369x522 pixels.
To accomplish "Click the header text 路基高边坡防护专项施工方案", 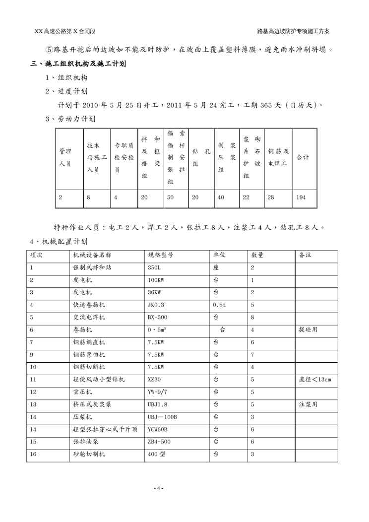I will click(294, 31).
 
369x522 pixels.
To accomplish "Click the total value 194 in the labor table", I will click(301, 197).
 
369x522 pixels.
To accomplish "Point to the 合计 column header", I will click(303, 157).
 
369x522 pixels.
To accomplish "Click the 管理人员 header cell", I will click(65, 157).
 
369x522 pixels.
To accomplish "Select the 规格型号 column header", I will click(160, 256).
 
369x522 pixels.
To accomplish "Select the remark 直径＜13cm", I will click(314, 380).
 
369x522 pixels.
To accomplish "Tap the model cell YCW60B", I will click(158, 429).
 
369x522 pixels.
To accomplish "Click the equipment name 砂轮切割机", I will click(89, 454).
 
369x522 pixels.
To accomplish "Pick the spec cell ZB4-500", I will click(159, 442).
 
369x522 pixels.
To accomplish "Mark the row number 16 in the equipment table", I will click(33, 454).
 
